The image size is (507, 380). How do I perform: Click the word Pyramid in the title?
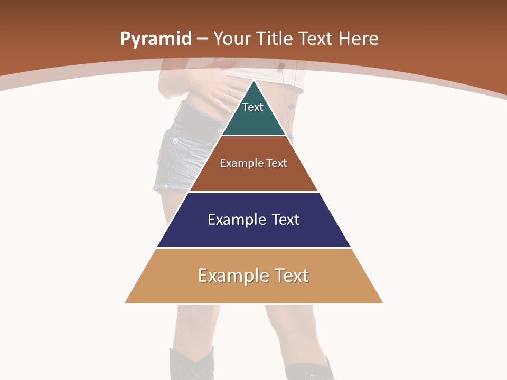tap(156, 39)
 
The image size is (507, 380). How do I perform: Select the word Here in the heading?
tap(358, 39)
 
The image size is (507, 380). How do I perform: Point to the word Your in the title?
tap(231, 39)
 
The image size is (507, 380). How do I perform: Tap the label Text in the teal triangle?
tap(253, 107)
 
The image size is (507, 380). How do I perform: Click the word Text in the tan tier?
tap(291, 275)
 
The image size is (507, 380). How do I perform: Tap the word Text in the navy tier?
tap(286, 220)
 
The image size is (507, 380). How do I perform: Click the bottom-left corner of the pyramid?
tap(125, 303)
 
